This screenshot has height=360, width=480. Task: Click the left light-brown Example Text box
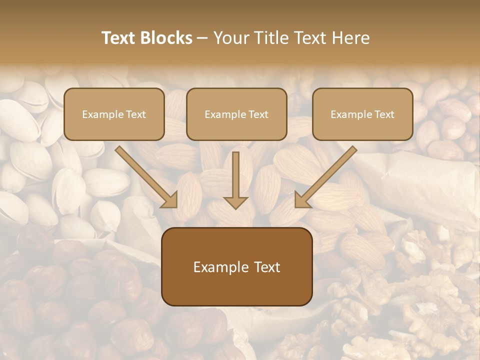click(x=114, y=114)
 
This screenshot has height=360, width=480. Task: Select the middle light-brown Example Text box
click(x=236, y=114)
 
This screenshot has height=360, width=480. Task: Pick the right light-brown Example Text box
click(x=362, y=114)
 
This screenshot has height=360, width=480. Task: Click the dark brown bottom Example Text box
click(x=236, y=267)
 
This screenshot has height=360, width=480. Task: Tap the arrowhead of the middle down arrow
click(x=235, y=201)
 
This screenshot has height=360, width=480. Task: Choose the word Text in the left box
click(x=135, y=114)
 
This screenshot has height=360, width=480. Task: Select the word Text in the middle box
click(x=258, y=114)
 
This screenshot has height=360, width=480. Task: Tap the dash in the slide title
click(x=202, y=38)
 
